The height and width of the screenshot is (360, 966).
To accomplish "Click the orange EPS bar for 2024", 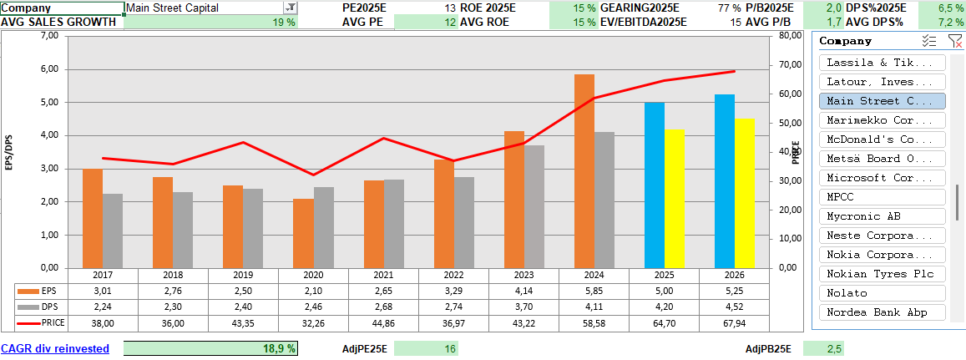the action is coord(584,171).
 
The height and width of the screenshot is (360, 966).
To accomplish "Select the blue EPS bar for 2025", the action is coord(655,185).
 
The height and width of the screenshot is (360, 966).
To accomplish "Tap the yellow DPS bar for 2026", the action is coord(745,194).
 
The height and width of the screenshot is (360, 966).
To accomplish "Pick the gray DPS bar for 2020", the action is coord(323,228).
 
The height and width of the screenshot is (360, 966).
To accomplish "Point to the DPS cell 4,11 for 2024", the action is coord(594,307).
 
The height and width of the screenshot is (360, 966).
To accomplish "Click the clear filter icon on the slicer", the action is coord(954,41).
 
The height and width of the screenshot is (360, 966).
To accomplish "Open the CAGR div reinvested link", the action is coord(55,349).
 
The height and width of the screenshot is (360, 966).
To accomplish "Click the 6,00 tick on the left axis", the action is coord(48,69).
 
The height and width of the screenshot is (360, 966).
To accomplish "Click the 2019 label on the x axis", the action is coord(243,275).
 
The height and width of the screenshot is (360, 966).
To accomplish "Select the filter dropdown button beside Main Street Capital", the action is coord(290,8).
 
